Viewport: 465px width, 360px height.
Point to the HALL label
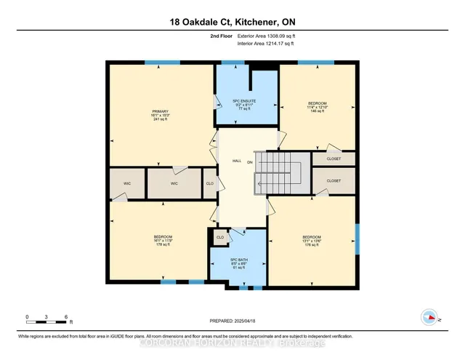pyautogui.click(x=236, y=161)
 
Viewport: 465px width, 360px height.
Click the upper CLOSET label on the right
pyautogui.click(x=333, y=159)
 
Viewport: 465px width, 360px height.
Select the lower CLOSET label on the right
pyautogui.click(x=333, y=180)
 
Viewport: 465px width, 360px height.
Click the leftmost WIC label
pyautogui.click(x=126, y=184)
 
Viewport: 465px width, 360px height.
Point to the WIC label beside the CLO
pyautogui.click(x=174, y=184)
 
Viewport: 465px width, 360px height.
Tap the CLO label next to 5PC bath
pyautogui.click(x=219, y=237)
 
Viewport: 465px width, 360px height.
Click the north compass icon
pyautogui.click(x=429, y=317)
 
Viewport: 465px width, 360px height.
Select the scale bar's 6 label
pyautogui.click(x=67, y=317)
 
